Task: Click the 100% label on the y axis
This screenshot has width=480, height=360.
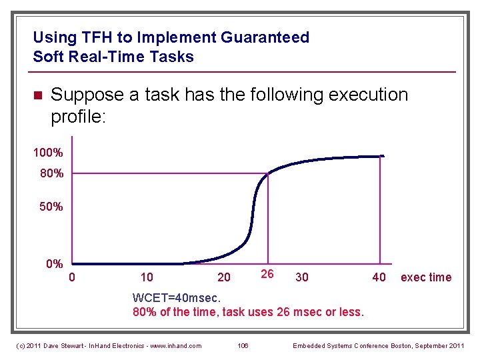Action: (x=48, y=153)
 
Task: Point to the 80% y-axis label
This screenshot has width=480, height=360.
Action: (x=51, y=174)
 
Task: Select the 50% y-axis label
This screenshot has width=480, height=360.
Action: (x=51, y=207)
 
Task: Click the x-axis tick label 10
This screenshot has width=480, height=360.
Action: (x=147, y=277)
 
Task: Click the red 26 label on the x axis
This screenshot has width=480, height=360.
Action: (x=267, y=274)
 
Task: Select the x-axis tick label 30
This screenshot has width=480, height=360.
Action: (x=301, y=277)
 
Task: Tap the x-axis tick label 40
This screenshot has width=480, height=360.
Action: (x=379, y=277)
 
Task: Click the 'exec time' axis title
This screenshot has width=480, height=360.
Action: (x=425, y=277)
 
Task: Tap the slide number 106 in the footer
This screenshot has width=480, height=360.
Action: (x=244, y=345)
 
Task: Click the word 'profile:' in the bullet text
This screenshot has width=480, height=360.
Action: (x=79, y=117)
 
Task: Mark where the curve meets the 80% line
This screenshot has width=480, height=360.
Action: (x=267, y=174)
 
